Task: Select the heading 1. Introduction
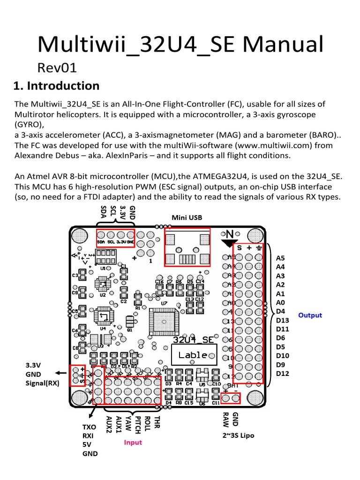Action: tap(56, 86)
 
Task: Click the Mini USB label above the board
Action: tap(187, 217)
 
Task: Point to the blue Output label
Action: tap(310, 315)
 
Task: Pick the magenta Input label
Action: tap(133, 442)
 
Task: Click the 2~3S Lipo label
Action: tap(239, 435)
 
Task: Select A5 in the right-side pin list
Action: tap(280, 258)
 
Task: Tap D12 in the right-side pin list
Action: tap(283, 374)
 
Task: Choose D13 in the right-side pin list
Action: tap(283, 320)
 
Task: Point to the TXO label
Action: tap(89, 428)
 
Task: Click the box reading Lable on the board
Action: tap(193, 355)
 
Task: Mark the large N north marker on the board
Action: tap(230, 234)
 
